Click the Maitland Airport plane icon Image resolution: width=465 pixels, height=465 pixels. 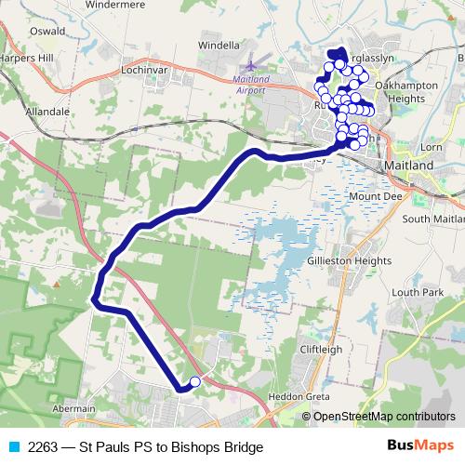tap(250, 66)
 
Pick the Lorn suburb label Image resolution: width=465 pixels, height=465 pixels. tap(432, 147)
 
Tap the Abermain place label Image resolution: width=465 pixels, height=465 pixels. tap(75, 408)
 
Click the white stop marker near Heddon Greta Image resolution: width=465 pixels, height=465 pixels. tap(194, 381)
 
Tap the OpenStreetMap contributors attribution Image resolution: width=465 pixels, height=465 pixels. tap(383, 417)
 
